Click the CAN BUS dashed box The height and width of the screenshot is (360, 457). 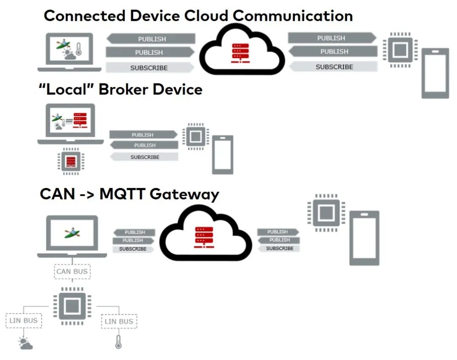point(72,271)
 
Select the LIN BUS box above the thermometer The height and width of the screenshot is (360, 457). point(119,321)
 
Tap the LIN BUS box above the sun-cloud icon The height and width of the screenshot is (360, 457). point(24,321)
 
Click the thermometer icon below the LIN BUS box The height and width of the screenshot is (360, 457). point(118,342)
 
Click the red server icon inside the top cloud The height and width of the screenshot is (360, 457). point(240,53)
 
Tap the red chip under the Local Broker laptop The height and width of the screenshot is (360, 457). point(71,161)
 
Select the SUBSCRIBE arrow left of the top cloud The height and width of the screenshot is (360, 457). point(149,68)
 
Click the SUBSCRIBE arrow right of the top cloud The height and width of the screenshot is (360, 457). point(333,66)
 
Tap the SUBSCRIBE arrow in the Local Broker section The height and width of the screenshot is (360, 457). point(144,157)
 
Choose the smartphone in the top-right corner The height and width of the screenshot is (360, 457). point(435,73)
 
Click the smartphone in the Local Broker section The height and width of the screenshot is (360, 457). point(223,155)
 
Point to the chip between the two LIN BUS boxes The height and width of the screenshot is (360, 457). point(72,306)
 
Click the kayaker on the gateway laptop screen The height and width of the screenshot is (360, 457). point(72,232)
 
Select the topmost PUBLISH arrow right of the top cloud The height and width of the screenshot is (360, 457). point(332,38)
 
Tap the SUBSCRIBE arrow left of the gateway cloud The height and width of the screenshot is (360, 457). point(133,249)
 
